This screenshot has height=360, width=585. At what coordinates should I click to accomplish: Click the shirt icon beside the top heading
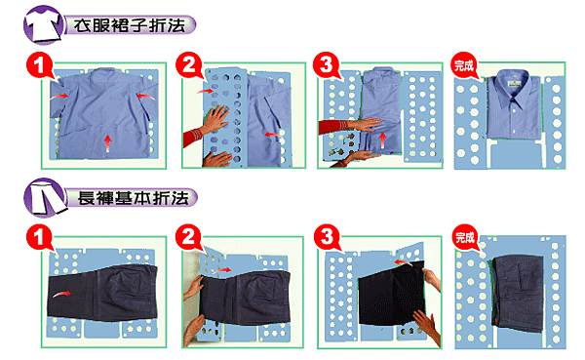pyautogui.click(x=44, y=24)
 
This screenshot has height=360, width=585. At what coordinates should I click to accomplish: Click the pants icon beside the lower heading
pyautogui.click(x=45, y=197)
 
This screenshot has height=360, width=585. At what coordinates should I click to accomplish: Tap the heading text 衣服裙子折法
pyautogui.click(x=129, y=25)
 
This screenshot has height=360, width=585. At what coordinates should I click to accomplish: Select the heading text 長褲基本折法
pyautogui.click(x=133, y=198)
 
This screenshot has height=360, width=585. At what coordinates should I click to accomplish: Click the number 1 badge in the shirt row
pyautogui.click(x=40, y=65)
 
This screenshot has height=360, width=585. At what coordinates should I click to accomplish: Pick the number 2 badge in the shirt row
pyautogui.click(x=189, y=65)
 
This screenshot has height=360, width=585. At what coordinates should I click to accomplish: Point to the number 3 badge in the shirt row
pyautogui.click(x=327, y=65)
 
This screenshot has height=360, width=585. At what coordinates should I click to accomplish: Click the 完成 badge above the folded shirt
pyautogui.click(x=464, y=65)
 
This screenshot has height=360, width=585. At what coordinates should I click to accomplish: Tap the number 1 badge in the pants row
pyautogui.click(x=40, y=237)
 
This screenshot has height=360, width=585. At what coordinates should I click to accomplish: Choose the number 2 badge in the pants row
pyautogui.click(x=189, y=237)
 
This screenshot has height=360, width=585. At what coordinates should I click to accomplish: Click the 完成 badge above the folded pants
pyautogui.click(x=465, y=237)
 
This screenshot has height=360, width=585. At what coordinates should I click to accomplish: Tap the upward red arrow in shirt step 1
pyautogui.click(x=108, y=143)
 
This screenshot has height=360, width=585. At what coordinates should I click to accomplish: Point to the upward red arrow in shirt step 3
pyautogui.click(x=382, y=140)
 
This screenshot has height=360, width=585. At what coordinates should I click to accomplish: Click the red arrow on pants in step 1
pyautogui.click(x=62, y=294)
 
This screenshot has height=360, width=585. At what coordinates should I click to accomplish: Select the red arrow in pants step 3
pyautogui.click(x=404, y=262)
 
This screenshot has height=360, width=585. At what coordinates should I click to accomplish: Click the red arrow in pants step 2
pyautogui.click(x=223, y=269)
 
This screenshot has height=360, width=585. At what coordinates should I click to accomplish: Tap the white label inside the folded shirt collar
pyautogui.click(x=514, y=85)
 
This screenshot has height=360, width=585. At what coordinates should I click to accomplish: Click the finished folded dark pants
pyautogui.click(x=518, y=294)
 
